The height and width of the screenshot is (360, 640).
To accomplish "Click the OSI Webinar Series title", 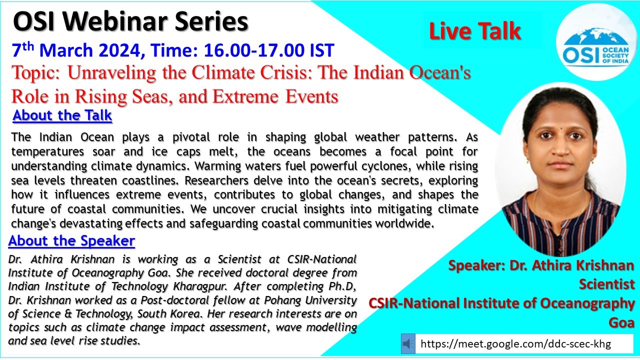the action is [130, 21].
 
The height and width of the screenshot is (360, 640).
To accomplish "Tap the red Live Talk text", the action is [475, 31].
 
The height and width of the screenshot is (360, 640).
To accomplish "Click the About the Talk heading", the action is [62, 115].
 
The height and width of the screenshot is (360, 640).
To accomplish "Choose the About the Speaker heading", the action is [71, 241].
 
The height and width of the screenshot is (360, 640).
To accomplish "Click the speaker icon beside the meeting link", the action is [408, 343].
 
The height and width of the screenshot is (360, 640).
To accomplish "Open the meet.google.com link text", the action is [515, 343].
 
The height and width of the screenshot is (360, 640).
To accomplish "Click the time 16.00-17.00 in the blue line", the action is [254, 50].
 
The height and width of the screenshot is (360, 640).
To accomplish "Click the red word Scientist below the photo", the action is [606, 284].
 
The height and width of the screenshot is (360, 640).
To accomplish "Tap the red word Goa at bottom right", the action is [621, 322].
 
